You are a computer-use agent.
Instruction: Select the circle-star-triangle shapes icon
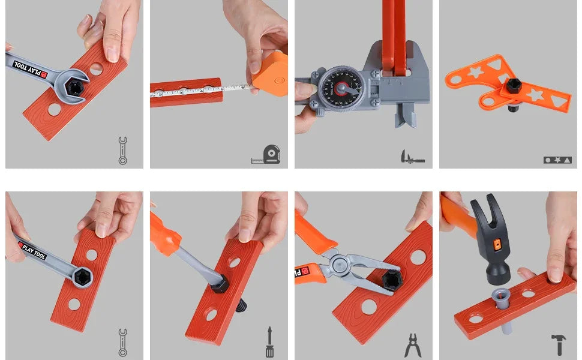[557, 160]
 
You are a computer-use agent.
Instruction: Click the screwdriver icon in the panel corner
[269, 343]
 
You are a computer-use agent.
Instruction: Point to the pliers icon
[413, 346]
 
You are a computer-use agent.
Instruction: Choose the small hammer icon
[559, 344]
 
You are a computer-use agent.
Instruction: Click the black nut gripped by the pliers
[392, 279]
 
